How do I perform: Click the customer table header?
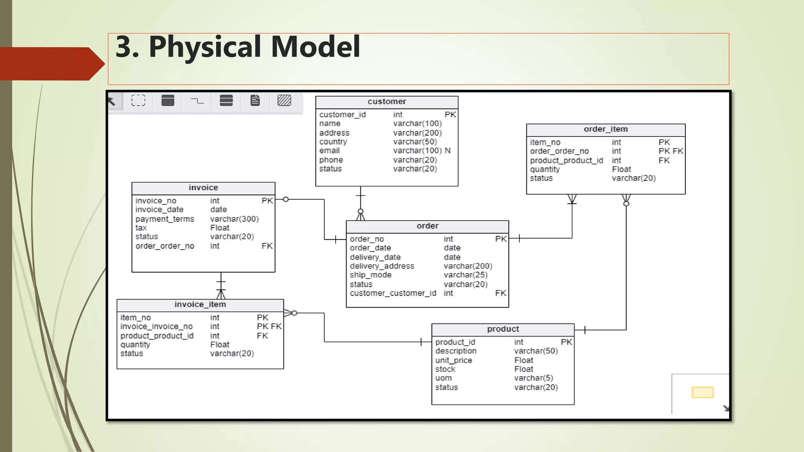coord(387,102)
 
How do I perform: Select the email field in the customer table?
coord(329,151)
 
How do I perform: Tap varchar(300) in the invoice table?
coord(234,219)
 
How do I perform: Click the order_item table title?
coord(605,129)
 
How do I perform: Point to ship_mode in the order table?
coord(371,275)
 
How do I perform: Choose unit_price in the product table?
coord(453,360)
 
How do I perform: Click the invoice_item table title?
coord(200,304)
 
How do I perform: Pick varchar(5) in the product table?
coord(534,378)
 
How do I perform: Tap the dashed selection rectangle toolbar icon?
coord(138,101)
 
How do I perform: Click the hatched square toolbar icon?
coord(284,101)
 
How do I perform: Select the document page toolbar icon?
coord(255,101)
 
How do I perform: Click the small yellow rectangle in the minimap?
coord(702,392)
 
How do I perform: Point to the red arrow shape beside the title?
coord(51,64)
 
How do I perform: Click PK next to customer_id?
coord(450,115)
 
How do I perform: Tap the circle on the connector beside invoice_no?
coord(286,199)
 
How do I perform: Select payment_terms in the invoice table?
coord(165,219)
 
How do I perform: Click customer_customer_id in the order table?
coord(393,293)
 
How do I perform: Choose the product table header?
coord(502,329)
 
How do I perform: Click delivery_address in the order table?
coord(382,266)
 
